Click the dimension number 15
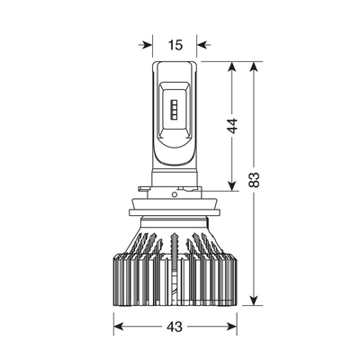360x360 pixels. pyautogui.click(x=175, y=45)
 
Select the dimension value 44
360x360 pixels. pyautogui.click(x=232, y=126)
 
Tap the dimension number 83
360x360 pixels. pyautogui.click(x=254, y=180)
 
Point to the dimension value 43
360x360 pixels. pyautogui.click(x=175, y=327)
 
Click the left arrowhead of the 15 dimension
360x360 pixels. pyautogui.click(x=146, y=45)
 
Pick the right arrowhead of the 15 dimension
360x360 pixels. pyautogui.click(x=203, y=45)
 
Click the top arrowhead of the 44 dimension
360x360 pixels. pyautogui.click(x=232, y=68)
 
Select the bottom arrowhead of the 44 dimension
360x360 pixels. pyautogui.click(x=232, y=184)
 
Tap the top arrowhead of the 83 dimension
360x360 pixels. pyautogui.click(x=254, y=68)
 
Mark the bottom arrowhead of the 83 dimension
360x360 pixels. pyautogui.click(x=254, y=299)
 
